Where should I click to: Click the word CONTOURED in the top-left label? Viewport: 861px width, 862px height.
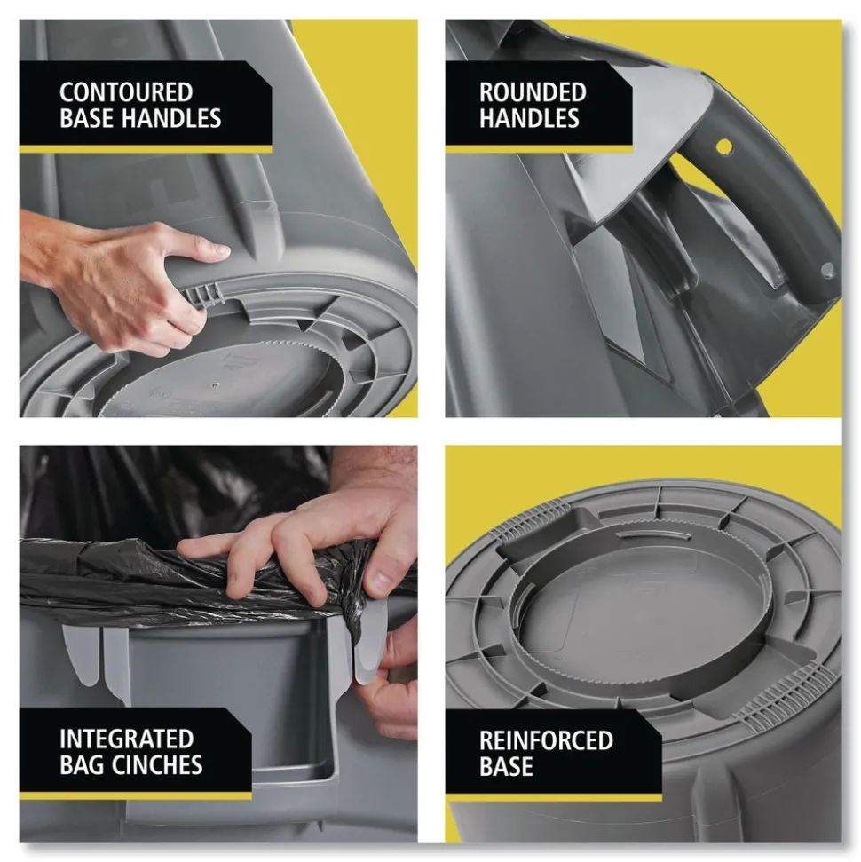pos(125,92)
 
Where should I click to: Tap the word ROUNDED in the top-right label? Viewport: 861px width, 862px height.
pos(532,92)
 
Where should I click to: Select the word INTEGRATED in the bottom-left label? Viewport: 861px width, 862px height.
pos(126,739)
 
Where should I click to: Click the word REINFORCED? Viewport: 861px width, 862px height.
pos(546,739)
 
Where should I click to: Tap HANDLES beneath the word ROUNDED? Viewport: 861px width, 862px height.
pos(529,118)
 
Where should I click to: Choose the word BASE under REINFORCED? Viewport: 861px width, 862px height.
pos(506,765)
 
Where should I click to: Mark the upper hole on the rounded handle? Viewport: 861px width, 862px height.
pos(724,145)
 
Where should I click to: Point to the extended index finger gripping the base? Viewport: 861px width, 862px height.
pos(191,249)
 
